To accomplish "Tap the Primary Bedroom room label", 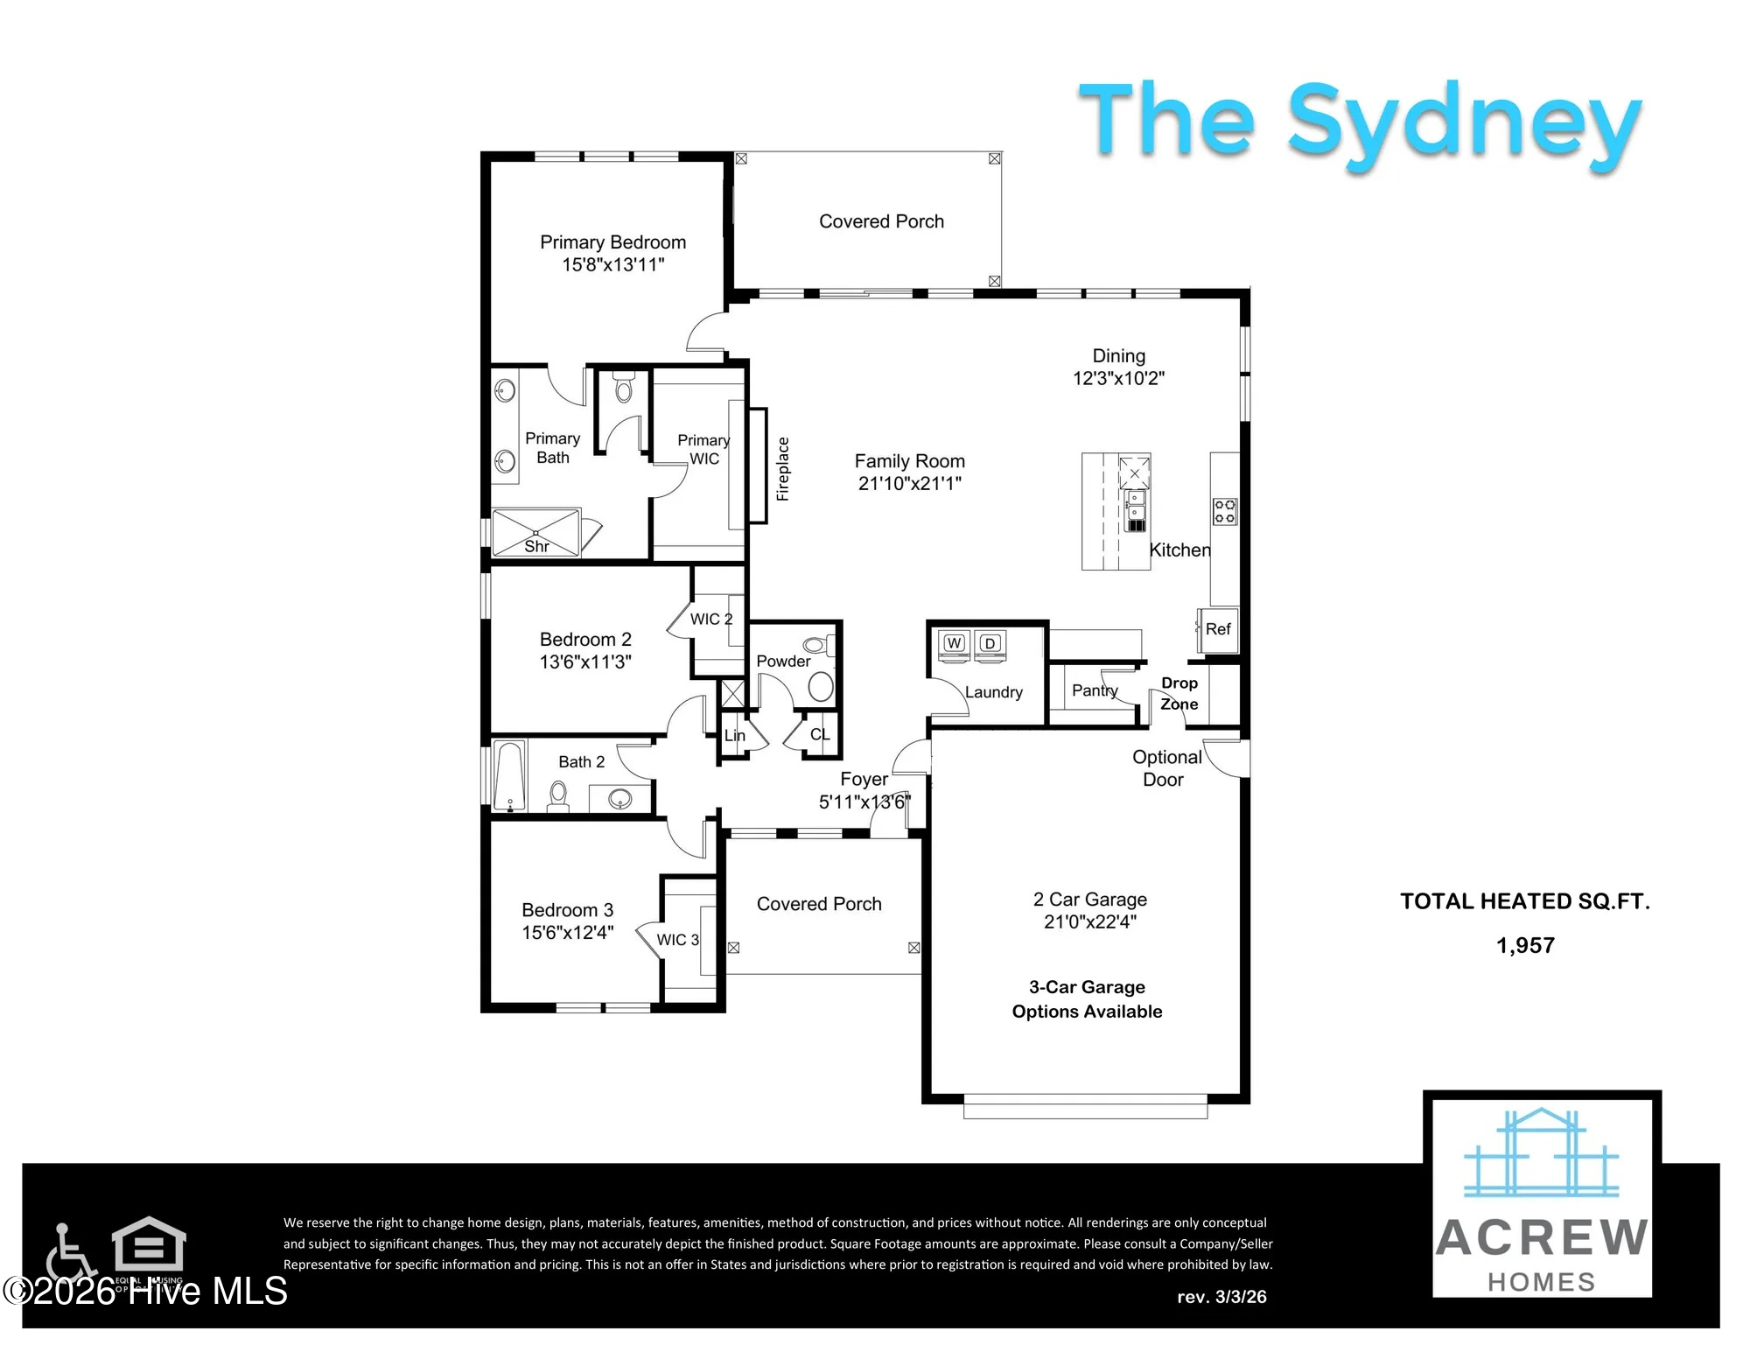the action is tap(612, 242).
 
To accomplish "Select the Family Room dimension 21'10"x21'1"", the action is tap(910, 483).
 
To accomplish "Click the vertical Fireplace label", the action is tap(783, 469).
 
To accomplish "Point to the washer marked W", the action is tap(954, 643).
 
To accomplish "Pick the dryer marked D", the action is tap(990, 643).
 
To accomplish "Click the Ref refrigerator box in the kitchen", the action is tap(1218, 629).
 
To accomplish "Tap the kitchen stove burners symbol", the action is tap(1225, 512).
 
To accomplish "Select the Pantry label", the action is tap(1095, 690).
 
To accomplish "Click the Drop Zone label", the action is tap(1179, 693).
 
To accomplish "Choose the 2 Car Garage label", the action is tap(1090, 900).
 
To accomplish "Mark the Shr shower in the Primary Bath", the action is tap(535, 532).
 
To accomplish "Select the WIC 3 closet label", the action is tap(678, 940).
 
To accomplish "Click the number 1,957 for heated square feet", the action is tap(1525, 945).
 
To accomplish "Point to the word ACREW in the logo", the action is tap(1542, 1237).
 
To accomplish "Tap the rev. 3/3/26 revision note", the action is tap(1221, 1297).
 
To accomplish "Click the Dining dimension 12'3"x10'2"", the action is tap(1119, 378).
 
